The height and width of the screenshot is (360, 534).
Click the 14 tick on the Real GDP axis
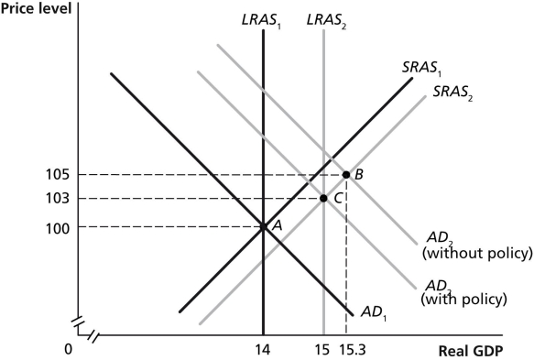(x=263, y=349)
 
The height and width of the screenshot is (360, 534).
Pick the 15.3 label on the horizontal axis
(x=352, y=349)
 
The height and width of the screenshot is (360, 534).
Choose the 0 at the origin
(x=68, y=349)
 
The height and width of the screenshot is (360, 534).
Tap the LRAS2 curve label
(x=324, y=17)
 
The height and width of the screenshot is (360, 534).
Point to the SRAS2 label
(x=453, y=93)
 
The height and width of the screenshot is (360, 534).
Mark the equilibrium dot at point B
(x=346, y=174)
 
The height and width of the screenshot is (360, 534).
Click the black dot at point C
(x=323, y=198)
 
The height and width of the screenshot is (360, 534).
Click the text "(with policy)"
(x=463, y=298)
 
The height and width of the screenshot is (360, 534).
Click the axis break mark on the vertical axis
(x=78, y=322)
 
